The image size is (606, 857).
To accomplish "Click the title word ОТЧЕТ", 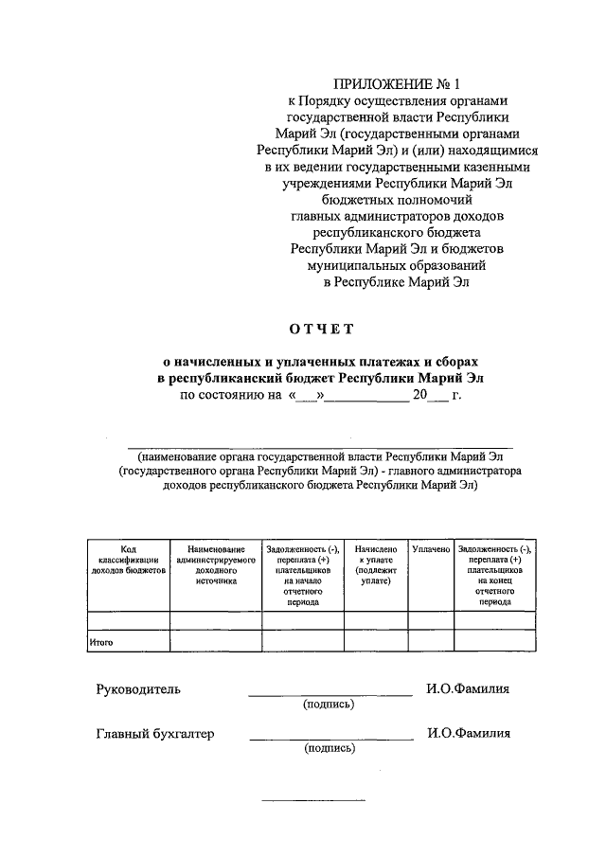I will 321,329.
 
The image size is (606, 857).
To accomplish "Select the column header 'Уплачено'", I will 431,549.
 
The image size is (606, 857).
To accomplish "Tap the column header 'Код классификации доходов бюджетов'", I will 128,561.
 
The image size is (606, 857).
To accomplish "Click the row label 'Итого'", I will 101,642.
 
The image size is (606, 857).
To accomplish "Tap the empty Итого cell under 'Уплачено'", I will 431,641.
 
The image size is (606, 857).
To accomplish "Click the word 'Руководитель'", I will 137,689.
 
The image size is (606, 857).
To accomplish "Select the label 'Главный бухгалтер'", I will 154,733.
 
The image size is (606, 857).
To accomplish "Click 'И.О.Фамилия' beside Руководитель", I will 468,689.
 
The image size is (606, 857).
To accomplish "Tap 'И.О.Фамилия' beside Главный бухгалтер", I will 468,733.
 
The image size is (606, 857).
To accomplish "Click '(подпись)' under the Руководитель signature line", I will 330,705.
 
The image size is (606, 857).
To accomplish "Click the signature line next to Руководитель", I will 330,696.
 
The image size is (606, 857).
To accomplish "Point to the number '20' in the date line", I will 420,396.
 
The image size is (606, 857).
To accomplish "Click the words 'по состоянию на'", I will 231,396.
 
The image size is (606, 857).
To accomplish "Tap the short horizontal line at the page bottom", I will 312,801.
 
